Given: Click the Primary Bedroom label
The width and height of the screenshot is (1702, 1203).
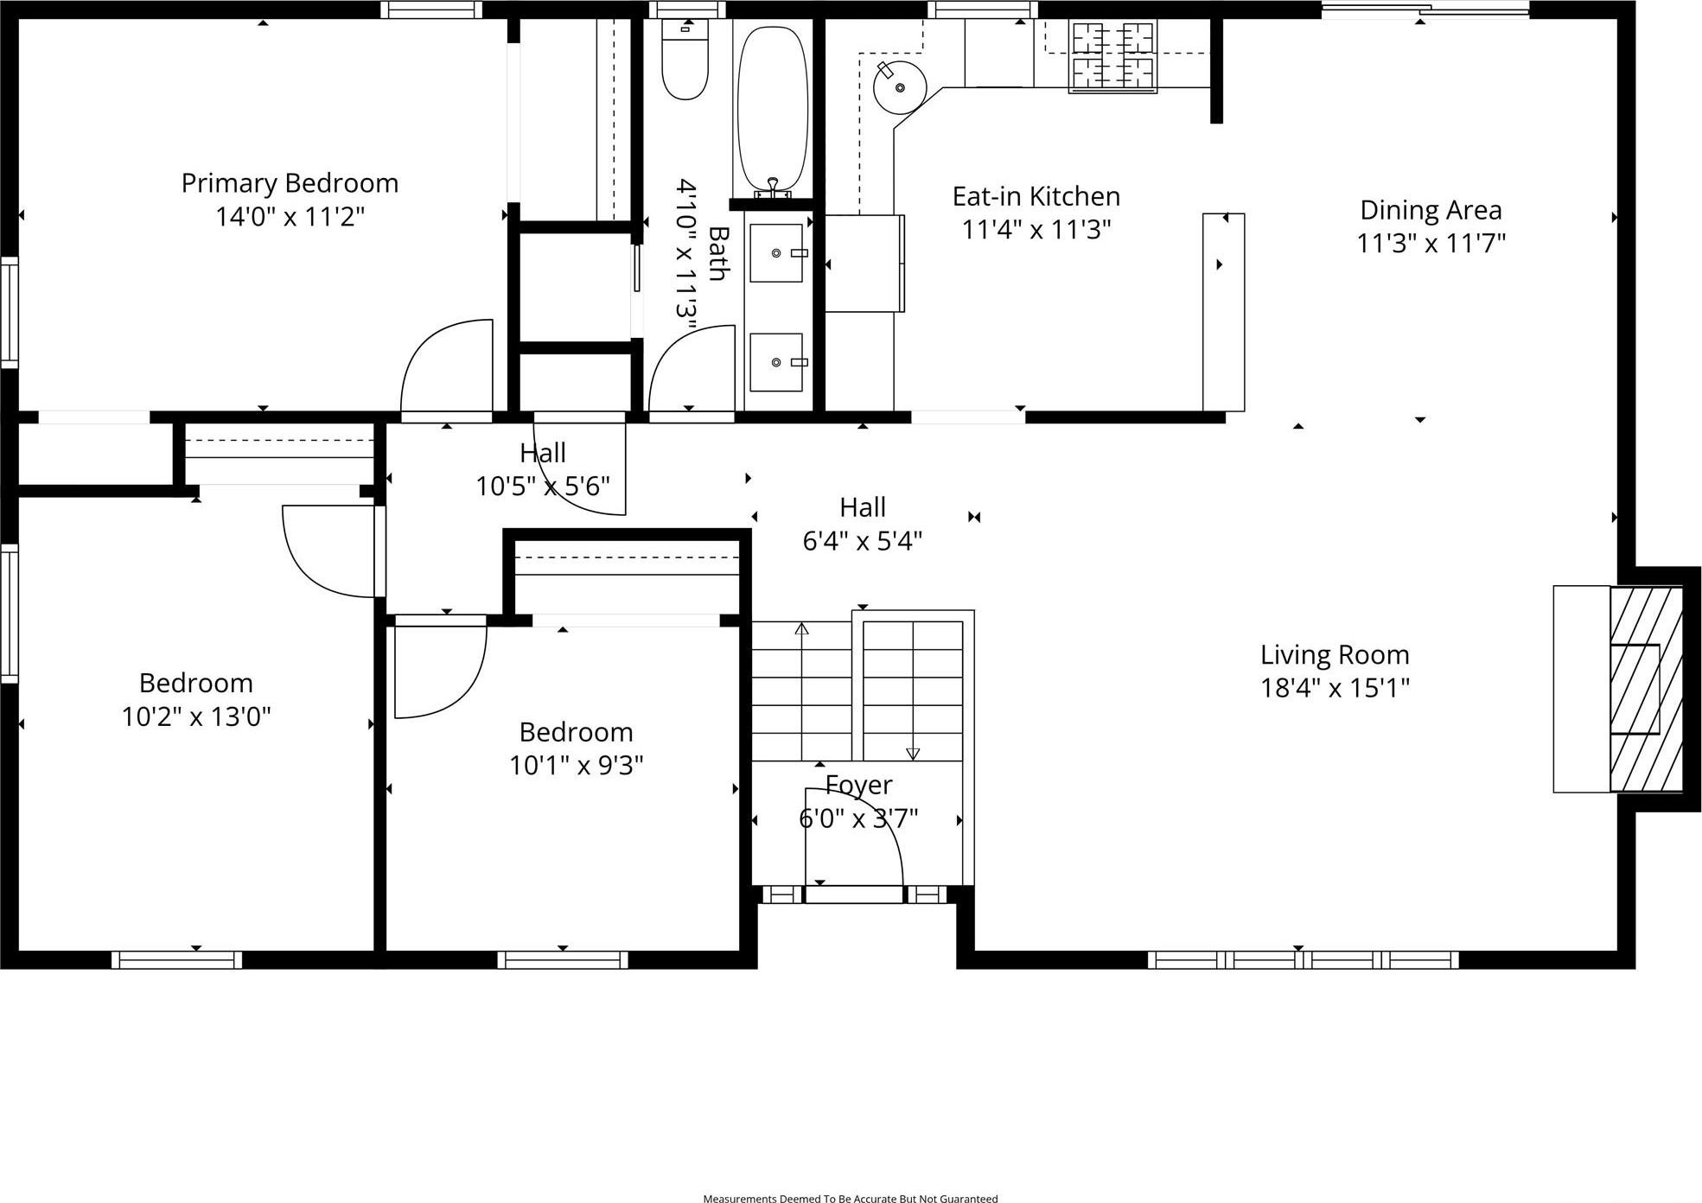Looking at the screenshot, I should [x=290, y=183].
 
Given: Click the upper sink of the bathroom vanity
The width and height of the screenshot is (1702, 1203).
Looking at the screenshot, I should [x=776, y=252].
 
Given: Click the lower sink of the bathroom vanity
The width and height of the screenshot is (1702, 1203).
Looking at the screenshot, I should [x=776, y=362].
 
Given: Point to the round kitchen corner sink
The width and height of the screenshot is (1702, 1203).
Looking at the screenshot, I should [x=900, y=87].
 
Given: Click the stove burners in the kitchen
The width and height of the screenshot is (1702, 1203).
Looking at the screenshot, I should [x=1112, y=57].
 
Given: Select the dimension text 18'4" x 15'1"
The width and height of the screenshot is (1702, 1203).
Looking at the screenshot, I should [x=1335, y=688].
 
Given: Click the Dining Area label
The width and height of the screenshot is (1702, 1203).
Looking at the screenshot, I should [x=1431, y=210].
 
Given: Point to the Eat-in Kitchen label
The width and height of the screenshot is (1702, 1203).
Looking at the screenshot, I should [x=1036, y=196].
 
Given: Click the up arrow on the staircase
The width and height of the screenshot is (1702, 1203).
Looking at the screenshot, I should [x=801, y=629].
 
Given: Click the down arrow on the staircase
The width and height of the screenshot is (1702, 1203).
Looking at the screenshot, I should [x=913, y=754].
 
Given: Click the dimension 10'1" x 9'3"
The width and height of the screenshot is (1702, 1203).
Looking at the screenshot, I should [x=576, y=766].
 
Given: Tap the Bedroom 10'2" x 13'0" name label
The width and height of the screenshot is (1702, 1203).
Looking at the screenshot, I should [x=196, y=683].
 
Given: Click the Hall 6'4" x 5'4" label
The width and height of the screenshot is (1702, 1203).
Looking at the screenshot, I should [x=863, y=507].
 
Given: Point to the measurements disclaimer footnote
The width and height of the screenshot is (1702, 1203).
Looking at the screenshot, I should [x=850, y=1198].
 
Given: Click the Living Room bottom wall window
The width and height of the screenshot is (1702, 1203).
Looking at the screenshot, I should [x=1303, y=959].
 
